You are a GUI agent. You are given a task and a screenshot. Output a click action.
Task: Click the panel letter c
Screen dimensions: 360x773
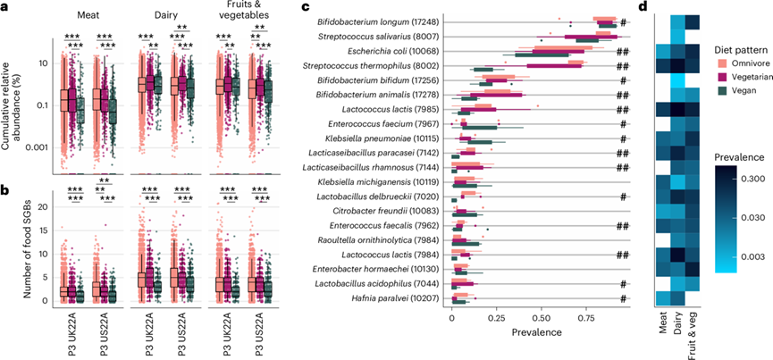(307, 7)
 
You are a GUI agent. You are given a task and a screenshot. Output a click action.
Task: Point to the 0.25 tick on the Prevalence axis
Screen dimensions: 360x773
(497, 318)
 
